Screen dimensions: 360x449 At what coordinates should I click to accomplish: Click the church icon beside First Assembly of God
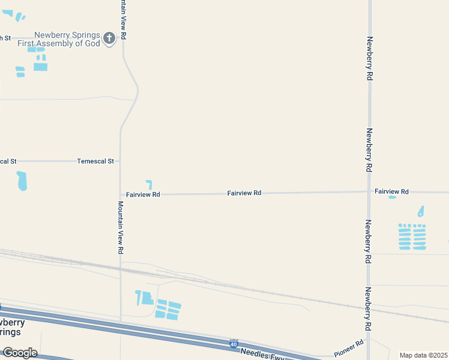tap(109, 39)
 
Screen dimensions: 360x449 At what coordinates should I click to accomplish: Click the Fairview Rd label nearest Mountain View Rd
tap(143, 194)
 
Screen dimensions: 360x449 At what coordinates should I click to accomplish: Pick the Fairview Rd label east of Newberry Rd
tap(391, 191)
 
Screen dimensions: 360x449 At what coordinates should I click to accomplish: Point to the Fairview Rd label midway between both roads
tap(244, 193)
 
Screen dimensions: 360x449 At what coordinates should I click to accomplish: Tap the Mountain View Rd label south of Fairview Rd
tap(121, 227)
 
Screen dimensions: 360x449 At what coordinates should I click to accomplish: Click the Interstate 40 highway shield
tap(234, 344)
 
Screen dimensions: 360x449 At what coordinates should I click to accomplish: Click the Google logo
tap(20, 352)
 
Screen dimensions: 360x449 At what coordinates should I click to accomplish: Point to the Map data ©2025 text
tap(423, 355)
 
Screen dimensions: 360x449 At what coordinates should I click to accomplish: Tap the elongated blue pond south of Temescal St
tap(22, 181)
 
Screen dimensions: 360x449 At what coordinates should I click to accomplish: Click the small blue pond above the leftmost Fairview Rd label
tap(149, 184)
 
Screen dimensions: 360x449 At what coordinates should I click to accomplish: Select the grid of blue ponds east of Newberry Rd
tap(412, 236)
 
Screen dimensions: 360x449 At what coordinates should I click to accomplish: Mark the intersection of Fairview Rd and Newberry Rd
tap(369, 192)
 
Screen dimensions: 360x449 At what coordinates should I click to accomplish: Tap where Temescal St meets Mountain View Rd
tap(121, 161)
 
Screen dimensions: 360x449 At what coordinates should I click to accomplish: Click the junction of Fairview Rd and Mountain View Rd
tap(121, 194)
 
